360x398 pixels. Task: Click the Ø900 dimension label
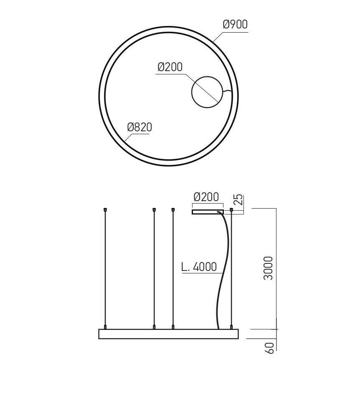tap(235, 24)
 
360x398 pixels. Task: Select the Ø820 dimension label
tap(139, 127)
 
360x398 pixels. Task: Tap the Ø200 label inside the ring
tap(170, 67)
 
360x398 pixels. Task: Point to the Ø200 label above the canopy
tap(206, 197)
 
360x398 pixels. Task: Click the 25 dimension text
tap(238, 200)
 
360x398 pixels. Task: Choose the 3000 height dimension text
tap(268, 268)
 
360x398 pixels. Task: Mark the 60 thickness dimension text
tap(269, 348)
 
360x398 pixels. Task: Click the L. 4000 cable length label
tap(199, 267)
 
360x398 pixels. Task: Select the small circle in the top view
tap(207, 92)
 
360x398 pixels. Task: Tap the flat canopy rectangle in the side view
tap(208, 212)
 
